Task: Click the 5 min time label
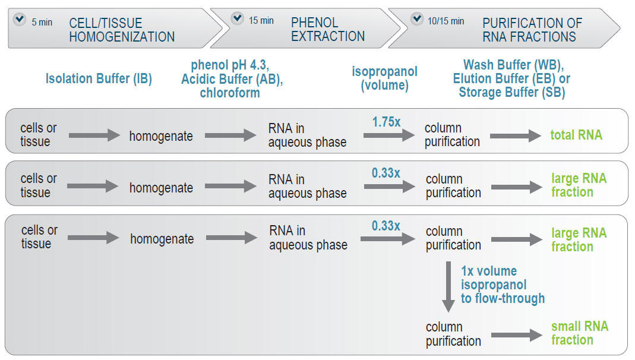pyautogui.click(x=42, y=22)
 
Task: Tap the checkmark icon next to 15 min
pyautogui.click(x=238, y=18)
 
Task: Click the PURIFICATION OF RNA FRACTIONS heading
pyautogui.click(x=532, y=30)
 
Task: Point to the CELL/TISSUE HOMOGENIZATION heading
pyautogui.click(x=122, y=30)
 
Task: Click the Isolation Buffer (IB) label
pyautogui.click(x=99, y=78)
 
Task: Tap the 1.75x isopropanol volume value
pyautogui.click(x=386, y=122)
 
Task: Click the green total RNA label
pyautogui.click(x=576, y=135)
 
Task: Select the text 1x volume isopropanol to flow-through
pyautogui.click(x=502, y=285)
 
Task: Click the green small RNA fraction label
pyautogui.click(x=579, y=333)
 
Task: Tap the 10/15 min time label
pyautogui.click(x=446, y=21)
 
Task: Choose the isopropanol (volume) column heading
pyautogui.click(x=384, y=78)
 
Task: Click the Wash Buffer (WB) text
pyautogui.click(x=513, y=64)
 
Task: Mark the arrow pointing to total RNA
pyautogui.click(x=516, y=135)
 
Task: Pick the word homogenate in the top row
pyautogui.click(x=161, y=136)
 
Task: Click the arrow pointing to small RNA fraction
pyautogui.click(x=516, y=334)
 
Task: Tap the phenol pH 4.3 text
pyautogui.click(x=230, y=64)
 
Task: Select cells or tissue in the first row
pyautogui.click(x=39, y=135)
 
